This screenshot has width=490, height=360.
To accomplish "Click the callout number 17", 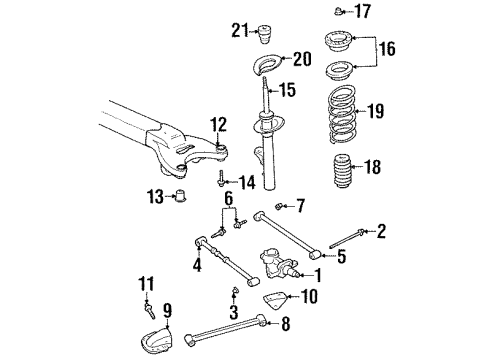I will point(363,13).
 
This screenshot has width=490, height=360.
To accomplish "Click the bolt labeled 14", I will point(219,180).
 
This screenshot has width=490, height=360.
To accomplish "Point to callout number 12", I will point(218,125).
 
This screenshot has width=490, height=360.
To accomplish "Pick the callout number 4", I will point(196,265).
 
